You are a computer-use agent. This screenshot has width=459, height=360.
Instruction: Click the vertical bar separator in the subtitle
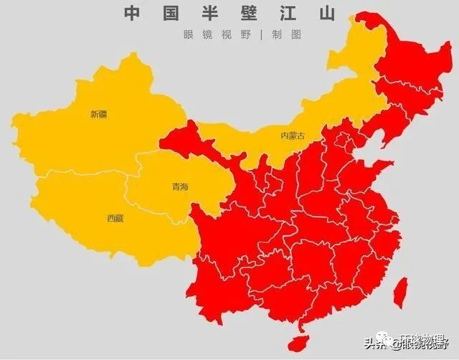[x=262, y=34]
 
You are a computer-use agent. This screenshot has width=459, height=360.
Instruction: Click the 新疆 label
[x=98, y=114]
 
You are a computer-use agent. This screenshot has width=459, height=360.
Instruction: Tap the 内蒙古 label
[x=292, y=136]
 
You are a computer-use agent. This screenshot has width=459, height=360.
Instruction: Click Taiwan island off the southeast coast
[x=402, y=290]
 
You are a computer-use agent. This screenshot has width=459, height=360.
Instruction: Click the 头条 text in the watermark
[x=375, y=343]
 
